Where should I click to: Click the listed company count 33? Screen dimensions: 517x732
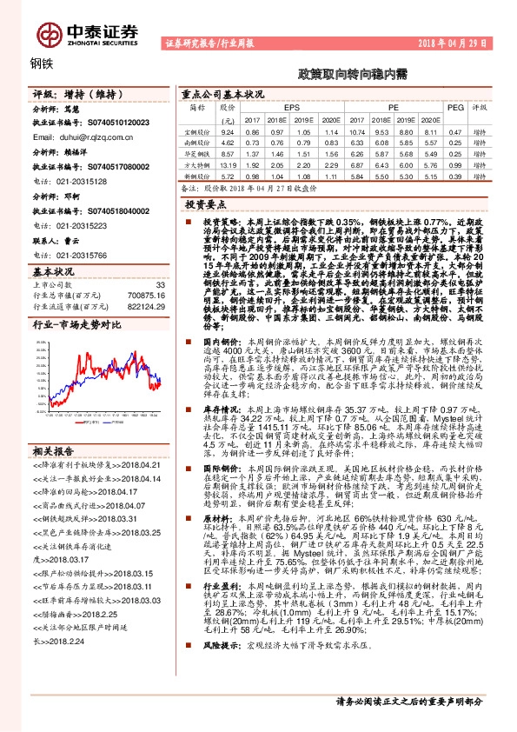click(159, 284)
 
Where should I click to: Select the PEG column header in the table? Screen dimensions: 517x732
click(454, 106)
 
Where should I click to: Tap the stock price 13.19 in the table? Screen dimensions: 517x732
click(229, 163)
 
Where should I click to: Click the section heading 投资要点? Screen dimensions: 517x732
click(207, 202)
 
